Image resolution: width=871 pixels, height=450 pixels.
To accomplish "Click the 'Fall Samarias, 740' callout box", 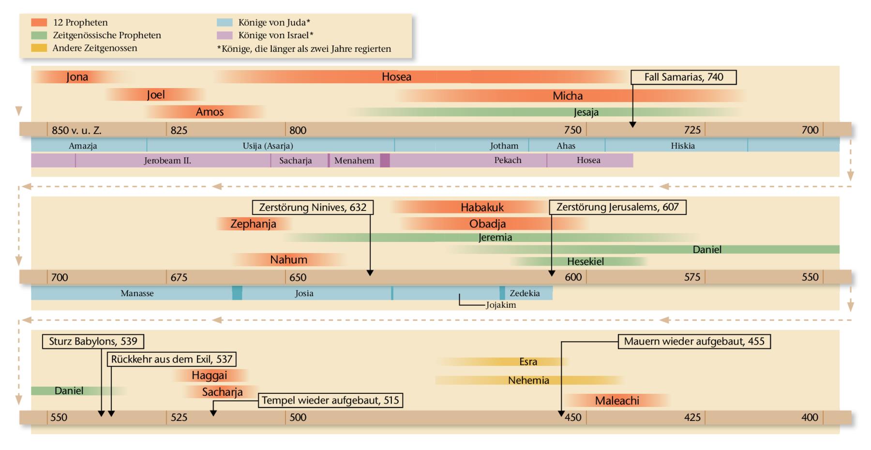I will coord(683,77).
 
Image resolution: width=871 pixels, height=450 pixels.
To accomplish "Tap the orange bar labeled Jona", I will coord(77,77).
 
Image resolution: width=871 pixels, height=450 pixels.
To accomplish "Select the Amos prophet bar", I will coord(210,112).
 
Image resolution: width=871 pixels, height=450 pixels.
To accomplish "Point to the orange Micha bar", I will coord(568,96).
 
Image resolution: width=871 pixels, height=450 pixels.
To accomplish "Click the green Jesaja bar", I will coord(586,112).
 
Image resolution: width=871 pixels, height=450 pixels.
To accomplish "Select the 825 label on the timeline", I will coord(179,130).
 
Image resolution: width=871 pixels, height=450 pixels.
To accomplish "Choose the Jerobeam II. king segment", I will coord(167,161).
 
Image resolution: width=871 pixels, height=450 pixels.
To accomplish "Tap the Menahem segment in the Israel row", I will coord(354,161).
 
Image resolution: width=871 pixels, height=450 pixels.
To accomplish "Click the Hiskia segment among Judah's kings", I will coord(682,146).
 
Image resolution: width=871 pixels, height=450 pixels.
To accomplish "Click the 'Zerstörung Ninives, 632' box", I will coord(313,208).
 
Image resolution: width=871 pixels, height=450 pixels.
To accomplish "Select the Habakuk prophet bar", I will coord(482,208).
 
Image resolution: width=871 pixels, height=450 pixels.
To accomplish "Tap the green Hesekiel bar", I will coord(585,262).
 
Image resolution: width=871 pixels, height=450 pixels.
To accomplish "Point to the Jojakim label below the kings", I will coord(501,305).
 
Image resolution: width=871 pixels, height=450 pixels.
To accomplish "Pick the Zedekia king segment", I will coord(525,293).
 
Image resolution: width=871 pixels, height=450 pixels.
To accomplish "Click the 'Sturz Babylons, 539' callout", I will coord(93,342).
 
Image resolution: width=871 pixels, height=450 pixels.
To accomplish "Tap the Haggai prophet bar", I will coord(209,375).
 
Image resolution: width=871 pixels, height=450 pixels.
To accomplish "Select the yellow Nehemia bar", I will coord(528,381).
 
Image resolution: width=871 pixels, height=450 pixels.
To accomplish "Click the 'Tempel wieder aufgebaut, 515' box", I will coord(331,401).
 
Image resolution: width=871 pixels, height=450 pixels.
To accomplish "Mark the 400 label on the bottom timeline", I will coord(810,418).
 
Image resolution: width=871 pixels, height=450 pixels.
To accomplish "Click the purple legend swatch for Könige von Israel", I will coord(225,35).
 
